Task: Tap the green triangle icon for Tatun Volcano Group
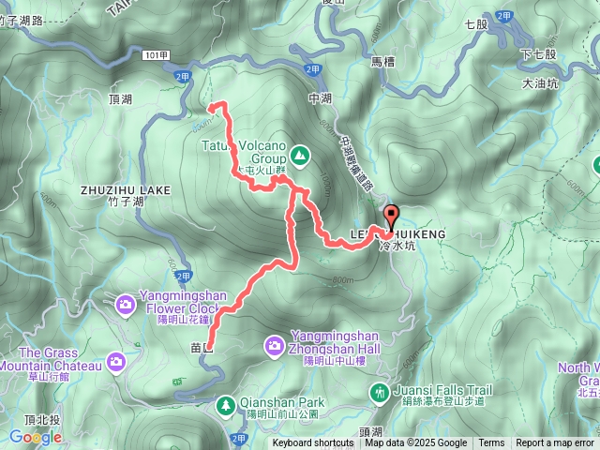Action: tap(299, 153)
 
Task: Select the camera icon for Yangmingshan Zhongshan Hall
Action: tap(275, 345)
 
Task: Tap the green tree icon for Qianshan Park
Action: tap(225, 404)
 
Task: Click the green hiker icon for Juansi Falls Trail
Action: tap(380, 391)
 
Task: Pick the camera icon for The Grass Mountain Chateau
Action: tap(115, 361)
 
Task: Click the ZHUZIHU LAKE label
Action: tap(126, 190)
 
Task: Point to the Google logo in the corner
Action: tap(36, 437)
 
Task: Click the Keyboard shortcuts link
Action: tap(313, 443)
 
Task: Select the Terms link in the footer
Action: tap(491, 443)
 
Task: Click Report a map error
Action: tap(555, 443)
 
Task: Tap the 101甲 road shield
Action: tap(157, 55)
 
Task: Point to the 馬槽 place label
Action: tap(384, 62)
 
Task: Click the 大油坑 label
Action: tap(539, 83)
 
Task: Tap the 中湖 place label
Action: tap(321, 97)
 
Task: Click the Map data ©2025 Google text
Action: tap(416, 443)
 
